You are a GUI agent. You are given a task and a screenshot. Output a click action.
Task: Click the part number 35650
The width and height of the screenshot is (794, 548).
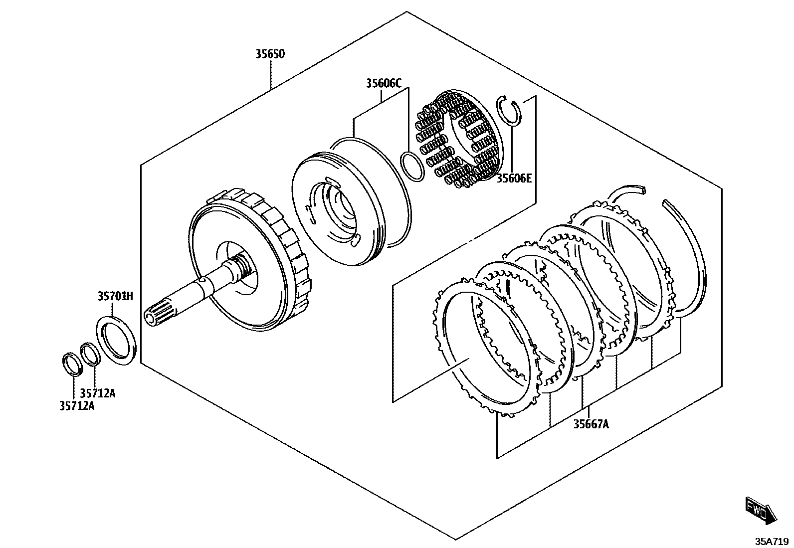point(270,54)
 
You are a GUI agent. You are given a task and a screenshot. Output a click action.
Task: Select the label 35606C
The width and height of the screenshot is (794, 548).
point(384,84)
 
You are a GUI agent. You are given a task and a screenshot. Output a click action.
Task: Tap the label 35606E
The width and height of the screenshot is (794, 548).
point(514,179)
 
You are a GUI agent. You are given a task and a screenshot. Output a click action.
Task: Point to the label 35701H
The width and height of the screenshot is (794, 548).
point(116,296)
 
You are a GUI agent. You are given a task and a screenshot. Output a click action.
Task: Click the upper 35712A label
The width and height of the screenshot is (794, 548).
point(97,393)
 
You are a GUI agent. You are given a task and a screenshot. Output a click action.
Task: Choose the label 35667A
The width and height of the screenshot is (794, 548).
point(591,424)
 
